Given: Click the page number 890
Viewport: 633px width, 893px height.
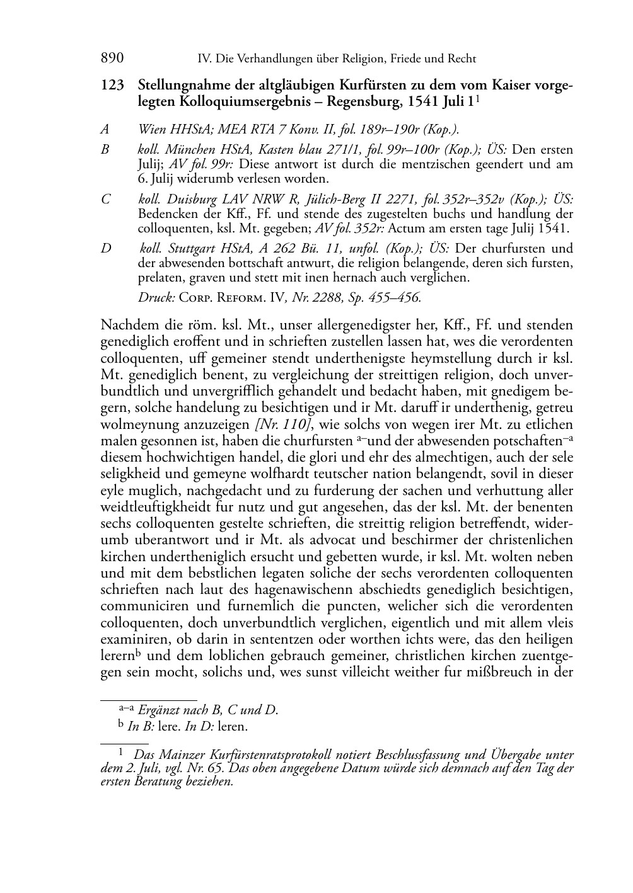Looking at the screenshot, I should click(112, 59).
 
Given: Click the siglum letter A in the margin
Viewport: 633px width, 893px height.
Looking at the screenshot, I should click(105, 130).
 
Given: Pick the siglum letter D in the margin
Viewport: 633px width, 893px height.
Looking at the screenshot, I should click(105, 248).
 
